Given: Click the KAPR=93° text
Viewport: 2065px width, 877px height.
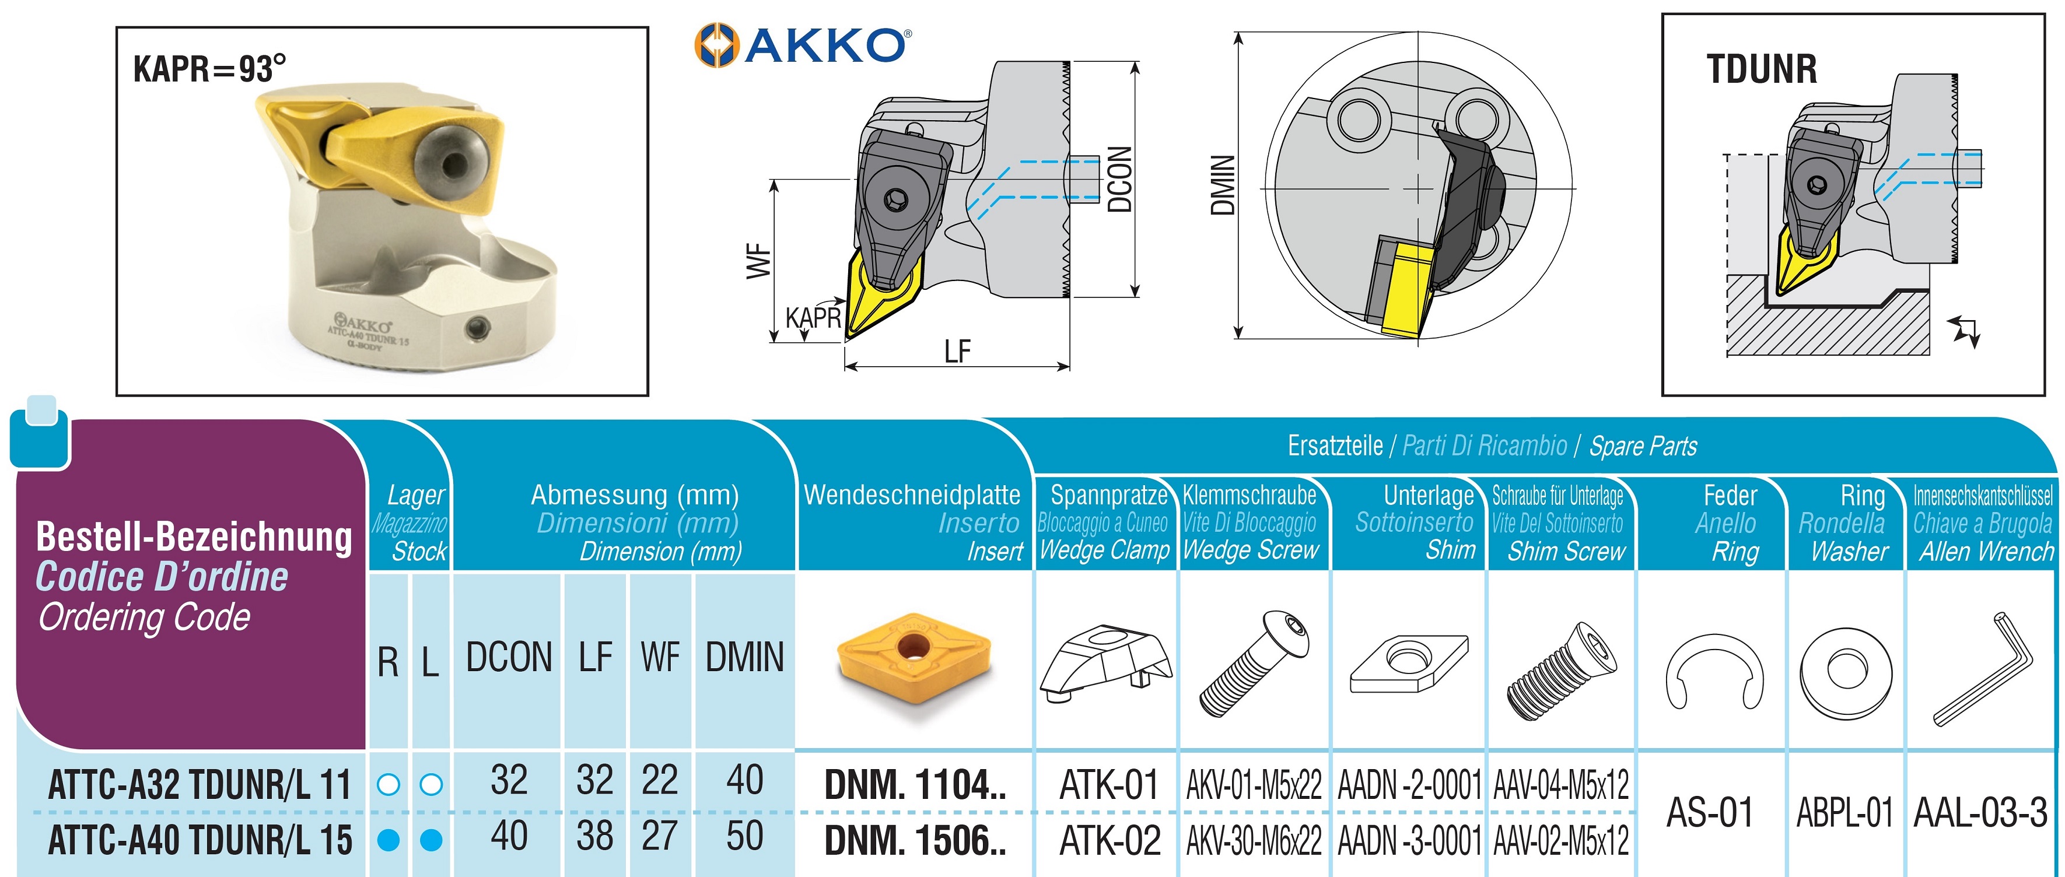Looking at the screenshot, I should coord(208,69).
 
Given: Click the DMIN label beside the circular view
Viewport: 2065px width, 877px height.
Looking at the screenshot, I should coord(1221,185).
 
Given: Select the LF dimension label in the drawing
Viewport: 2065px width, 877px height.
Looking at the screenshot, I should coord(957,351).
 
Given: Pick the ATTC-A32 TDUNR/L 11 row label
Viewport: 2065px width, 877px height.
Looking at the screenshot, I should coord(199,784).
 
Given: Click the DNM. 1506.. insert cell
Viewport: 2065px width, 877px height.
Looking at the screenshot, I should coord(915,840).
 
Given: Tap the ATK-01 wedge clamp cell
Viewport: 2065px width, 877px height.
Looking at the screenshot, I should coord(1109,784).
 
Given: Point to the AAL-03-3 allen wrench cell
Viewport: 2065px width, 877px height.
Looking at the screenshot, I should coord(1980,812).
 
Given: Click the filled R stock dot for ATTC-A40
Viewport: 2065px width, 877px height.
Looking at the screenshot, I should coord(388,840).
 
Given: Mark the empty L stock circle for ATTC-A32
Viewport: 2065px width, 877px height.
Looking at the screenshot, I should coord(431,784).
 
